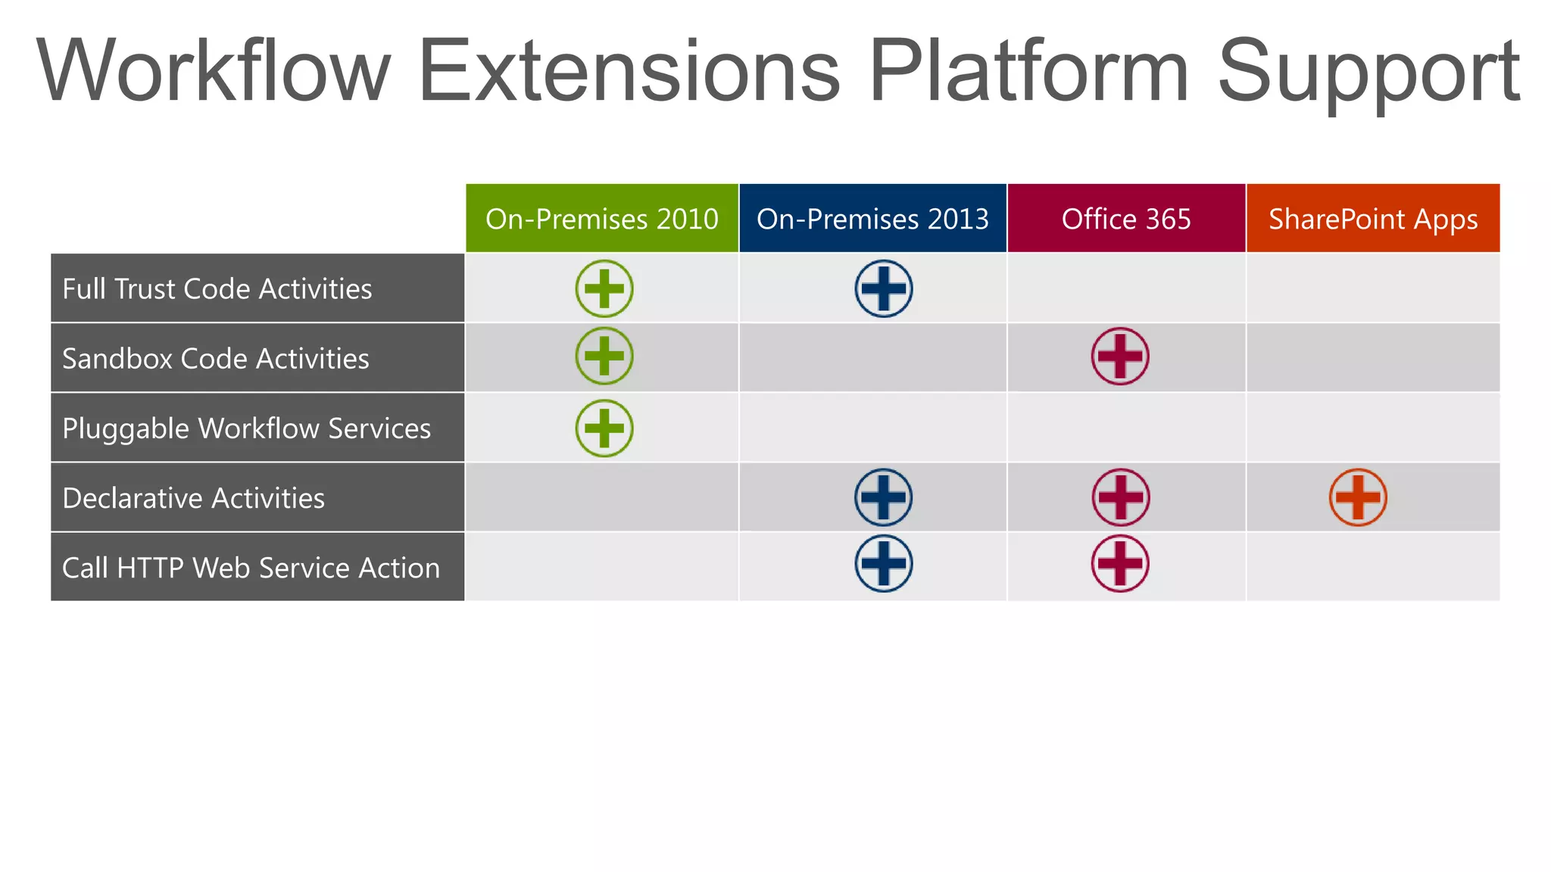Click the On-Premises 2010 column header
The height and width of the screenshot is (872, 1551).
click(601, 219)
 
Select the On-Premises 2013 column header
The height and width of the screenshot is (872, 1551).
click(872, 219)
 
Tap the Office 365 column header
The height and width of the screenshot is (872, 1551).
click(1126, 219)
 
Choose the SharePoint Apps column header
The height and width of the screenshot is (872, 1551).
click(1372, 219)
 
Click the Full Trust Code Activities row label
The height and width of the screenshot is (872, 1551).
click(217, 288)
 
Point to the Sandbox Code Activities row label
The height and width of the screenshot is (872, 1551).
click(216, 358)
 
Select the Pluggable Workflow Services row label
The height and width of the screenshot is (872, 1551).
click(246, 428)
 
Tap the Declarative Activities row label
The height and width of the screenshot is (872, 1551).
click(193, 498)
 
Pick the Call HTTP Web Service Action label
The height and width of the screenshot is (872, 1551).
click(251, 568)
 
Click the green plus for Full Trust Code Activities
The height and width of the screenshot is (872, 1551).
click(604, 288)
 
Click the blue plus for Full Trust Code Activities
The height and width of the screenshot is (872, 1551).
click(883, 288)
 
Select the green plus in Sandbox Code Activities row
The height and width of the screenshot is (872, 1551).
click(604, 356)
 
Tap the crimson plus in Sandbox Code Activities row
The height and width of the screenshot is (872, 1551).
click(1120, 356)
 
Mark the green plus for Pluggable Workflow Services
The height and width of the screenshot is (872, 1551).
click(604, 428)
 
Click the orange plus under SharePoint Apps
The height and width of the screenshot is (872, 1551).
click(1358, 497)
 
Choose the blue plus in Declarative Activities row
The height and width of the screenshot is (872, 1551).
click(883, 497)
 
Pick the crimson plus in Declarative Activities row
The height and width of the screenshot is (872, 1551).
click(1120, 497)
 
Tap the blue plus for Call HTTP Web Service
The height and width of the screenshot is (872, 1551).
click(883, 563)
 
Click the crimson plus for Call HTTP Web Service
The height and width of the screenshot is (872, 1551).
click(1120, 563)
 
